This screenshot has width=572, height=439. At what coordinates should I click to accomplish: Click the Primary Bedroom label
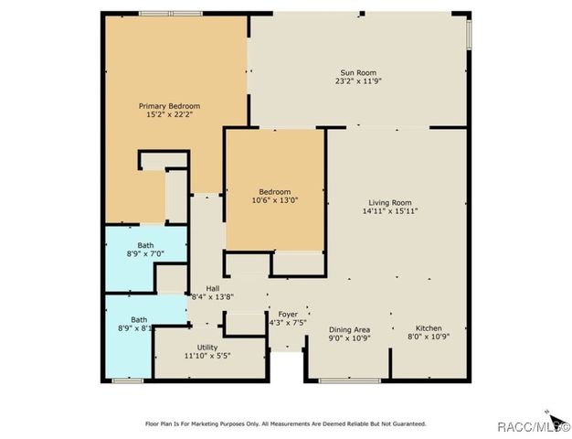point(169,106)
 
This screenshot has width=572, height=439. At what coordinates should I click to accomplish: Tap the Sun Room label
point(358,73)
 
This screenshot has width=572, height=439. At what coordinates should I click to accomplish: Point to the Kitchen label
point(429,328)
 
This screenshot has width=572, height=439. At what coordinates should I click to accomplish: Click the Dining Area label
point(349,328)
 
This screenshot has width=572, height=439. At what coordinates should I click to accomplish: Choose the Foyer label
point(289,314)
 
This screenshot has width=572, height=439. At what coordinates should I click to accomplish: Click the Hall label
point(211,287)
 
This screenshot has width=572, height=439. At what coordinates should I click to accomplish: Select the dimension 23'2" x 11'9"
point(358,81)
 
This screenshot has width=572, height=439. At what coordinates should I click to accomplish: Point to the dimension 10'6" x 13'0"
point(275,199)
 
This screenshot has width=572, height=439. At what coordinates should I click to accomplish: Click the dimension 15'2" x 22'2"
point(169,115)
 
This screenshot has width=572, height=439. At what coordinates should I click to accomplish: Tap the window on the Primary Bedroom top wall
point(171,13)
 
